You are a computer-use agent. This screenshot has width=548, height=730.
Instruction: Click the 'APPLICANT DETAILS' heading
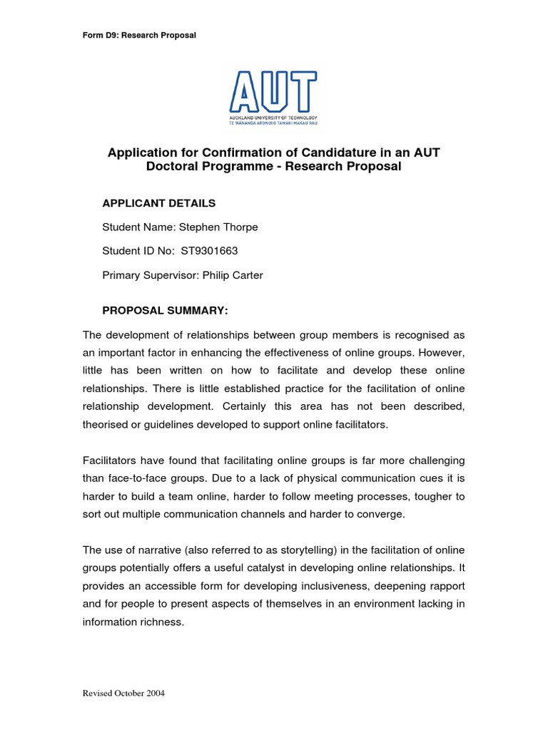coord(159,203)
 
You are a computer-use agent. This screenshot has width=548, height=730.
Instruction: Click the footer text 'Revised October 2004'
coord(124,694)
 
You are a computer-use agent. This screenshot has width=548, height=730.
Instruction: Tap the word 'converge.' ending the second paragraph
coord(380,515)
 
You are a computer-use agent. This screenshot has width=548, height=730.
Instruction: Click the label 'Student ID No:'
coord(139,252)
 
